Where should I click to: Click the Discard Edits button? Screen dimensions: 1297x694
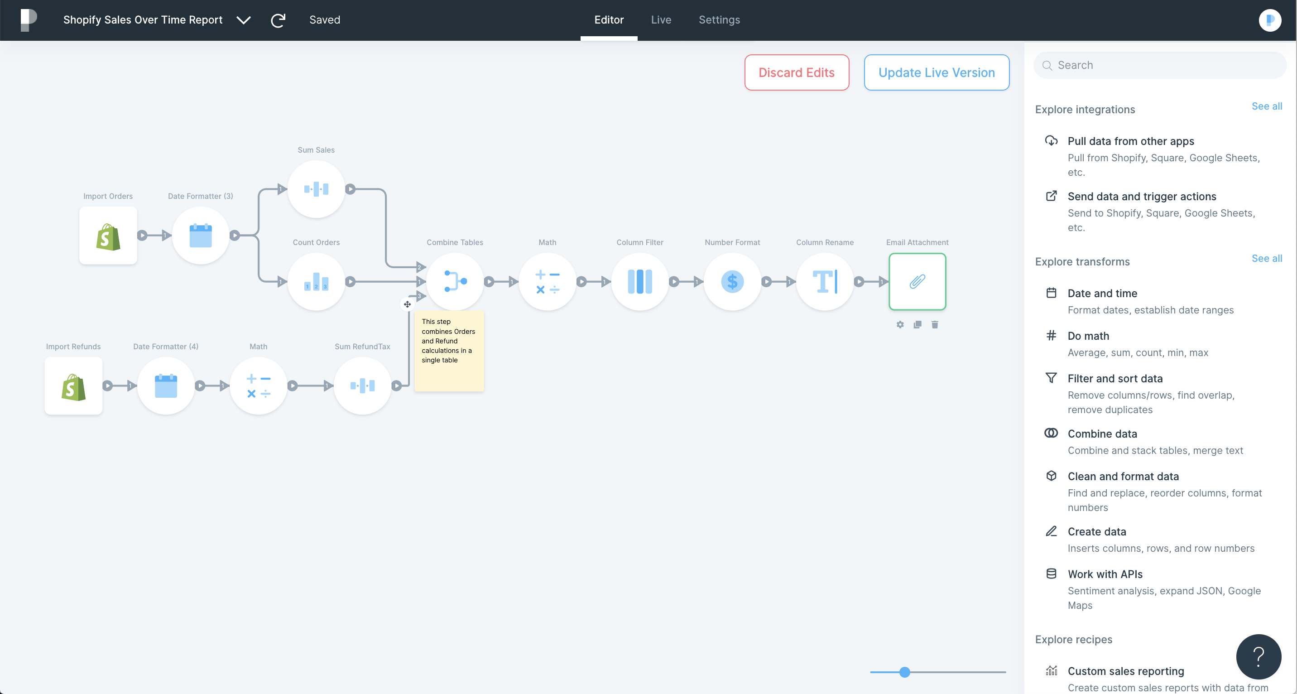(x=797, y=72)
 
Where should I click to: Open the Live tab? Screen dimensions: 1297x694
(x=661, y=19)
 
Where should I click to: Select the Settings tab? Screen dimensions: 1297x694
(x=719, y=19)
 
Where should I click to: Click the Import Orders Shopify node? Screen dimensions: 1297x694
(x=108, y=235)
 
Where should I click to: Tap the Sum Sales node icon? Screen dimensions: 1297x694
(x=316, y=189)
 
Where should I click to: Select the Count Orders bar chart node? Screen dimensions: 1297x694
(x=316, y=281)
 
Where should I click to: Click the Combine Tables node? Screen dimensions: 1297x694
(x=455, y=281)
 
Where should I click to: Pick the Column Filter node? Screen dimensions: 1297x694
(x=640, y=281)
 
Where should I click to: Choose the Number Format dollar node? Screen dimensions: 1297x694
(x=733, y=281)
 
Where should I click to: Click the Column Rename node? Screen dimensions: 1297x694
(x=825, y=281)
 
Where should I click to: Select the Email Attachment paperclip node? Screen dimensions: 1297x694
(x=918, y=281)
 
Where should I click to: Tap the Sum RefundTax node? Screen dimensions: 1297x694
(x=362, y=386)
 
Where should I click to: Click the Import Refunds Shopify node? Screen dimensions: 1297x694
(x=73, y=386)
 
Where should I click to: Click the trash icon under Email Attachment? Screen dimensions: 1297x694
(x=935, y=325)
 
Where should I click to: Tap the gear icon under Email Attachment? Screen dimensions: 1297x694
(x=900, y=325)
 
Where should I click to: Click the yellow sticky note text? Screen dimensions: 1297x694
(x=448, y=341)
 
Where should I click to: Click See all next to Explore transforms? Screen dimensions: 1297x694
(x=1267, y=258)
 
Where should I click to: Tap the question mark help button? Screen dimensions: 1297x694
(x=1258, y=656)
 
